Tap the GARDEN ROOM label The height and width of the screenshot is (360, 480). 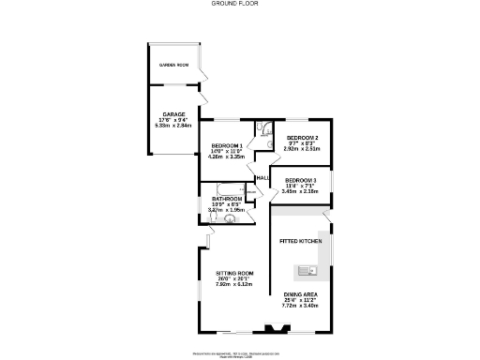point(173,65)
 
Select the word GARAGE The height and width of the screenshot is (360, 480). point(173,113)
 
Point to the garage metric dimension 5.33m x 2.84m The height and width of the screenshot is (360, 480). point(173,125)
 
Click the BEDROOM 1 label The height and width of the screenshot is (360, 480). point(227,145)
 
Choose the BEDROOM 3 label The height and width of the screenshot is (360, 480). point(301,180)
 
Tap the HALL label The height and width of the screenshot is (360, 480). point(262,178)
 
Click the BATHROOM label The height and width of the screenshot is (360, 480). point(227,199)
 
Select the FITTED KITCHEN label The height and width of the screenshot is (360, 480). point(301,242)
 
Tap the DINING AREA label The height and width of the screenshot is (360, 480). point(301,294)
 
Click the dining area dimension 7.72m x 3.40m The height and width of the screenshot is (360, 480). point(301,306)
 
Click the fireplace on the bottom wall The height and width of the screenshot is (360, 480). point(276,328)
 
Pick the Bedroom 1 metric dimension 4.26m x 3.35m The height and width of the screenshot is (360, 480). point(227,157)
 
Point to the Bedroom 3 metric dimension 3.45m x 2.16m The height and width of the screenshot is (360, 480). point(301,191)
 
